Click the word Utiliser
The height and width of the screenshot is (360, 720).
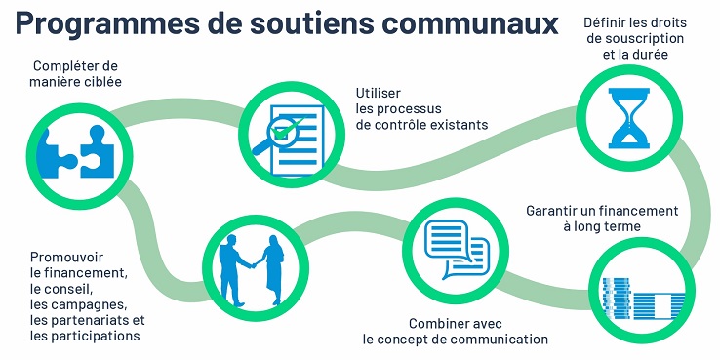click(376, 94)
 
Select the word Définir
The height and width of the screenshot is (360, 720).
click(605, 22)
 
